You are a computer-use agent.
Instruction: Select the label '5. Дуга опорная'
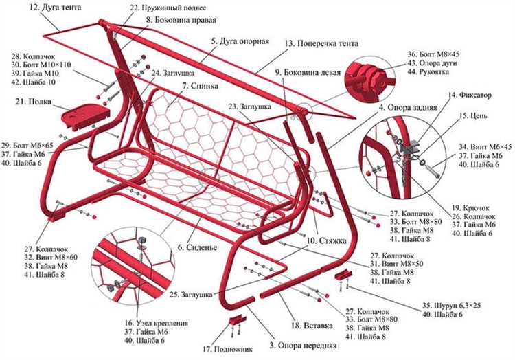point(239,41)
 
